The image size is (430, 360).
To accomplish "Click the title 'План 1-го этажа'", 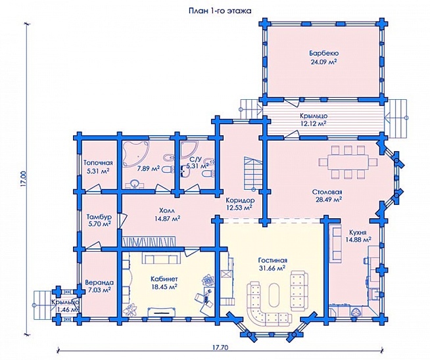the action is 220,11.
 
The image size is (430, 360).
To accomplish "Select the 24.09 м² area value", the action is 323,62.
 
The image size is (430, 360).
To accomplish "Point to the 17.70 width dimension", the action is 220,348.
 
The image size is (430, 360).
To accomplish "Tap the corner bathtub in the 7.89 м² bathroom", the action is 135,154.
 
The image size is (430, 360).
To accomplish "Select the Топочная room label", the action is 98,163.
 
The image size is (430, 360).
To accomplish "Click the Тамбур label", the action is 99,217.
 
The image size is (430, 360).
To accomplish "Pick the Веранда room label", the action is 99,282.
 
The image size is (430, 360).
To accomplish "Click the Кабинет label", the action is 164,279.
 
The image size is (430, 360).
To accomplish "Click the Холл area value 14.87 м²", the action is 167,219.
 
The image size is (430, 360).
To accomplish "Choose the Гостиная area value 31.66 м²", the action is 272,268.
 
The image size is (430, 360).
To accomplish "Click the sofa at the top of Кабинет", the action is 161,258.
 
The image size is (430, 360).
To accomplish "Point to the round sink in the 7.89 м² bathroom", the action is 135,184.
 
